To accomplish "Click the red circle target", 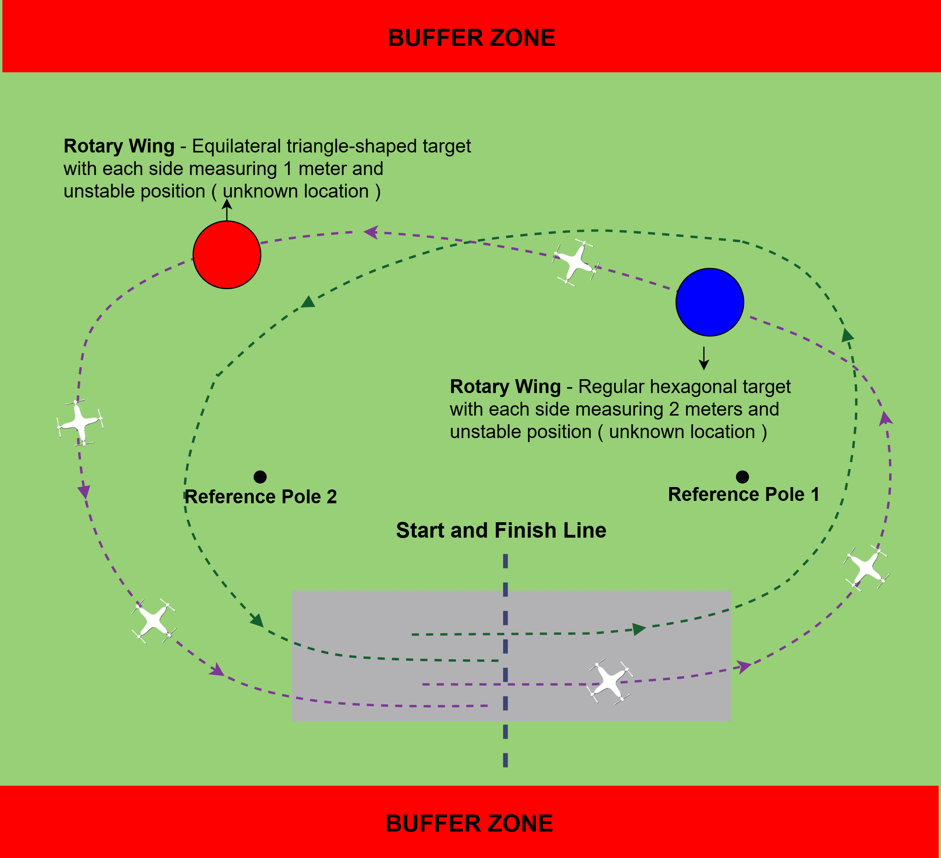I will click(227, 255).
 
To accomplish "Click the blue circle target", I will click(710, 302).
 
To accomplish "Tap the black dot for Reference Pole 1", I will click(742, 477).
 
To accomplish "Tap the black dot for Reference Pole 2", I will click(260, 477).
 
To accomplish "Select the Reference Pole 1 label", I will click(743, 494).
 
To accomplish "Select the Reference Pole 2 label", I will click(260, 497).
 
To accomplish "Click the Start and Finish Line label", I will click(501, 530).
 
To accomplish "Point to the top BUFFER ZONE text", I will click(471, 38).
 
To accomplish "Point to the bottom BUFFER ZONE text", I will click(469, 824).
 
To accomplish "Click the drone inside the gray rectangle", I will click(610, 681).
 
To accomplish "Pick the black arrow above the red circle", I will click(227, 210).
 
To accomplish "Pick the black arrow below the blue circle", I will click(704, 359).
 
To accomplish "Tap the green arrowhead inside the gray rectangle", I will click(638, 629).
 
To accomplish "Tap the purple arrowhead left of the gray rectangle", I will click(216, 670).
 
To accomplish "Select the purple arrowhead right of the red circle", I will click(371, 231).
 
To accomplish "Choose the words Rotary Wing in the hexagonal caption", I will click(505, 386).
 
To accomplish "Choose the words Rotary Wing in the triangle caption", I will click(119, 146).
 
